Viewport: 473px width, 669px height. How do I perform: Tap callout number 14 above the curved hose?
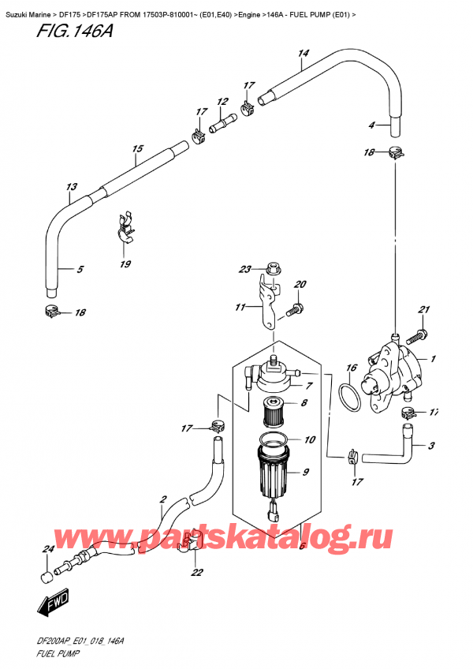click(x=302, y=54)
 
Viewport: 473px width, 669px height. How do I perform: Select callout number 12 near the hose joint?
click(x=222, y=102)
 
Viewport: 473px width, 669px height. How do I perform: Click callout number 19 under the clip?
click(x=125, y=264)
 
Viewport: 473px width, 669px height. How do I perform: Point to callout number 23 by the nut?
click(x=245, y=269)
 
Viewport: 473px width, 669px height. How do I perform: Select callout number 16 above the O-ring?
click(x=352, y=368)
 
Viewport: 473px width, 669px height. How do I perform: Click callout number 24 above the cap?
click(x=47, y=549)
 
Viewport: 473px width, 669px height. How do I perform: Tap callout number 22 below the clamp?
click(x=196, y=573)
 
